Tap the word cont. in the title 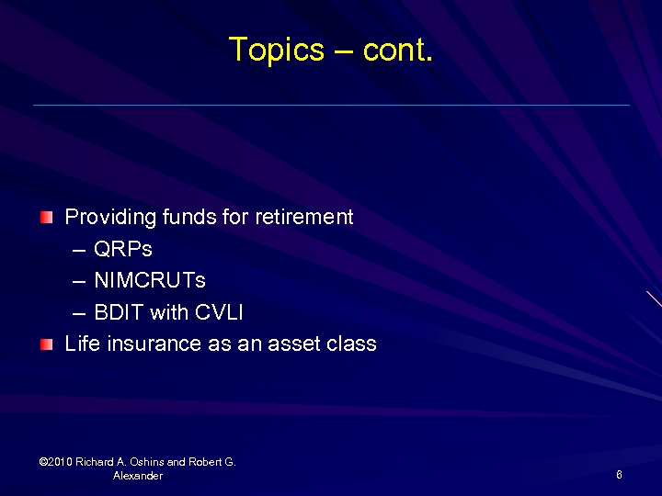click(x=397, y=50)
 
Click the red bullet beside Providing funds click(x=47, y=218)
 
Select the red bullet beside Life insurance click(x=47, y=344)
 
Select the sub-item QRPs click(x=123, y=250)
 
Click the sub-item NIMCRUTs click(x=150, y=281)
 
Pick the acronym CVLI click(x=219, y=312)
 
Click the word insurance click(x=151, y=344)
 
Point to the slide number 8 click(x=619, y=475)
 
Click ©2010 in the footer click(x=56, y=462)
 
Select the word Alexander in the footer click(x=138, y=476)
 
